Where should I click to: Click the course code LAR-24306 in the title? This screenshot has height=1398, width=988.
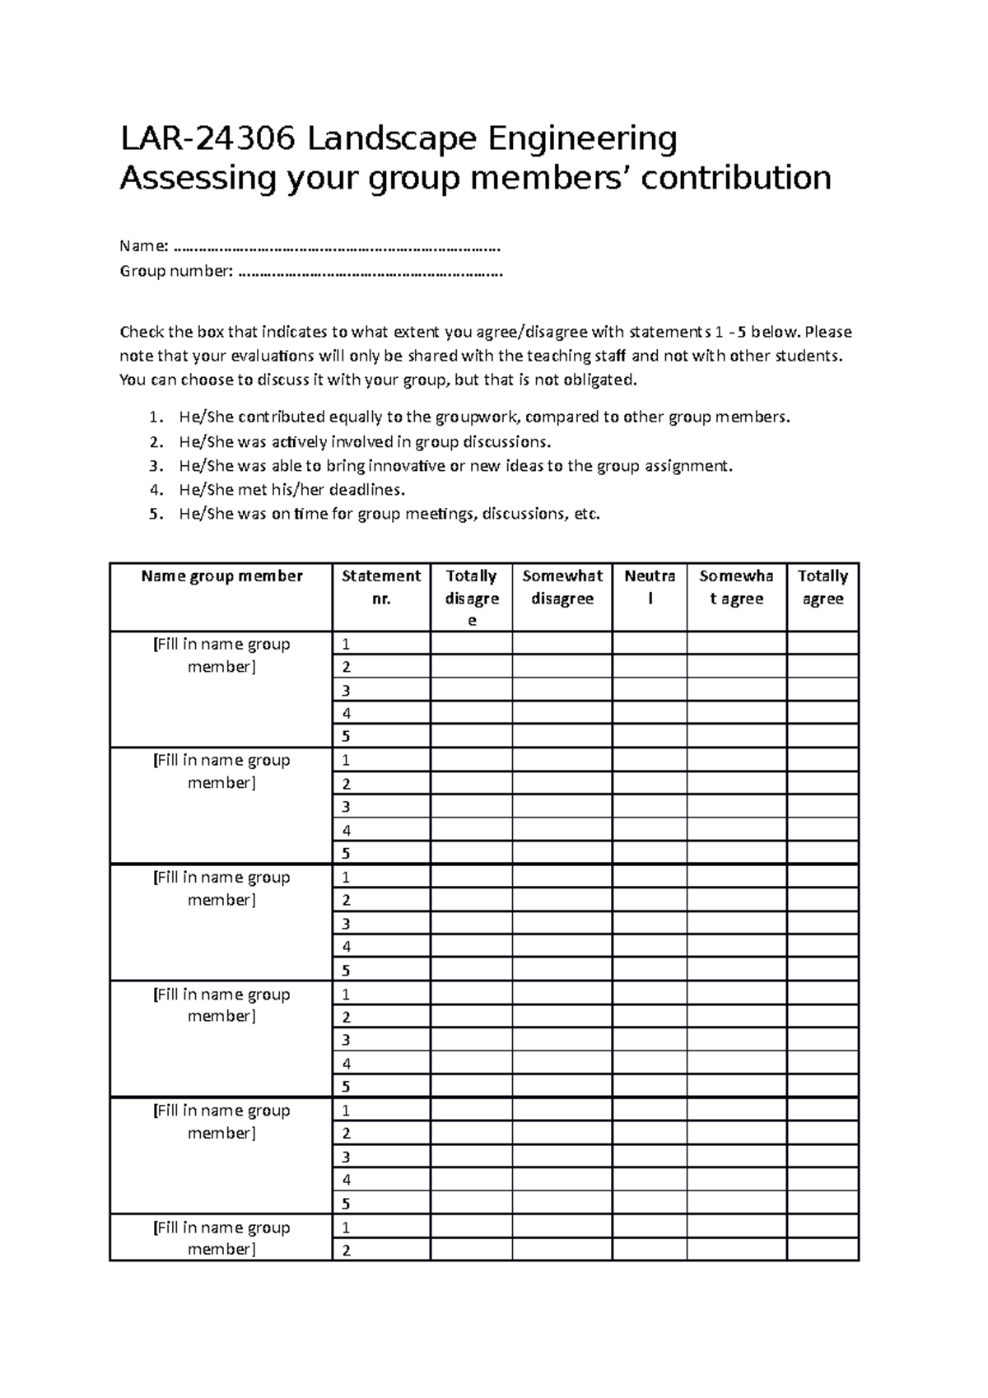[207, 139]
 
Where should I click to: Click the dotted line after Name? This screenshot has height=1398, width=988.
[337, 246]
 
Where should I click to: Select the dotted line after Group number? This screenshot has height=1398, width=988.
[370, 271]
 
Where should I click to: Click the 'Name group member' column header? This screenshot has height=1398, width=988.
[221, 576]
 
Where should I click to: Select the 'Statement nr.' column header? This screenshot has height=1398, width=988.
[381, 586]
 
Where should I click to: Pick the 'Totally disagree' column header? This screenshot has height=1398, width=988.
[471, 598]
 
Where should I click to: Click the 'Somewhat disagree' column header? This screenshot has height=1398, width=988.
[562, 586]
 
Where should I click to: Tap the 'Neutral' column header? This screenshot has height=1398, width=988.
[650, 586]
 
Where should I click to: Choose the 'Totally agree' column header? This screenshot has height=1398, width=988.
[823, 586]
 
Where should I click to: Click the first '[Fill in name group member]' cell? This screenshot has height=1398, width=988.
[221, 655]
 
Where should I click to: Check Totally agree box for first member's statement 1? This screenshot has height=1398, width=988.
[823, 644]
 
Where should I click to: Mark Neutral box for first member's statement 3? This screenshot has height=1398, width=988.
[650, 690]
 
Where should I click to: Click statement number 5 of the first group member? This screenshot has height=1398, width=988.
[347, 736]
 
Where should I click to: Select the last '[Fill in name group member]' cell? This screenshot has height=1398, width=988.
[221, 1237]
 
